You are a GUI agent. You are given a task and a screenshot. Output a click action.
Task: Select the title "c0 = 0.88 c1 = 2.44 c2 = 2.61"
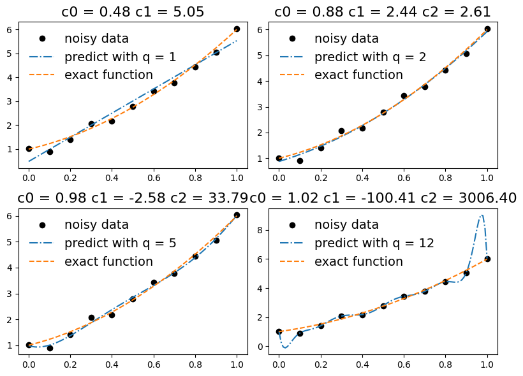pos(383,11)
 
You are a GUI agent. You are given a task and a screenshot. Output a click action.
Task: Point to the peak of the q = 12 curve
pos(482,215)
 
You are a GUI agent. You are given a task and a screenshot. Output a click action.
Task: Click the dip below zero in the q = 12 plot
pos(285,348)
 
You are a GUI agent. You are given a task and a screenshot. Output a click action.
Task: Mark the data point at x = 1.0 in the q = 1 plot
pos(237,29)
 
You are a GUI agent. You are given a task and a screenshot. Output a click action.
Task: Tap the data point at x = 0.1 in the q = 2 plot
pos(300,161)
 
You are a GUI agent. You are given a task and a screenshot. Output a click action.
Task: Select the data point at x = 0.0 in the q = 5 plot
pos(29,345)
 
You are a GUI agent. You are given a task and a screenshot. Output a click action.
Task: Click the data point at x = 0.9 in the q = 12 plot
pos(466,273)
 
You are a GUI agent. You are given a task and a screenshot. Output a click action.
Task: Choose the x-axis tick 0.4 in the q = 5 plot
pos(112,365)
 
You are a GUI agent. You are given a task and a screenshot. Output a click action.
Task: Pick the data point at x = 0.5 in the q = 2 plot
pos(383,112)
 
